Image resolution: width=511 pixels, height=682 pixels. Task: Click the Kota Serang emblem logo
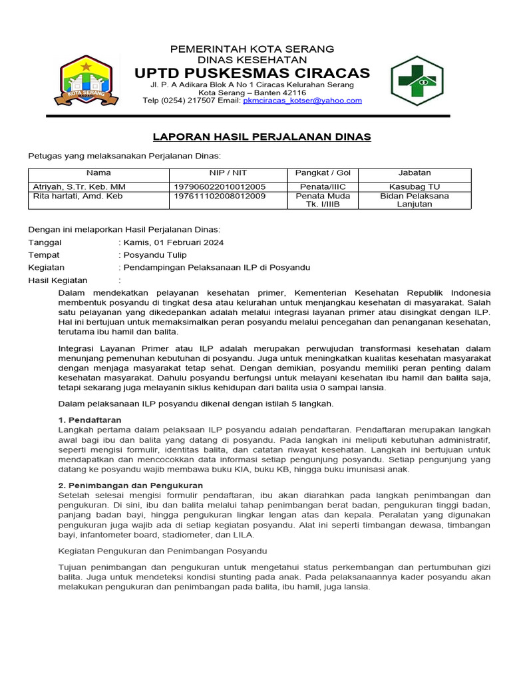(90, 81)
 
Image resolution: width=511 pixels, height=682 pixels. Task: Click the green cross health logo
(421, 81)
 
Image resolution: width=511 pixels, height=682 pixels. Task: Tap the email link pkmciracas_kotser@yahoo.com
(302, 101)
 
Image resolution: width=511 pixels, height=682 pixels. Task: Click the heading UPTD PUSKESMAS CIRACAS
(252, 73)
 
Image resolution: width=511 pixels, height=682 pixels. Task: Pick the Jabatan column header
(415, 173)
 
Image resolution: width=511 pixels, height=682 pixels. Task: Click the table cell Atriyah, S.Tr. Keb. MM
(79, 186)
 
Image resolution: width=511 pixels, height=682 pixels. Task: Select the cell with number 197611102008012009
(219, 196)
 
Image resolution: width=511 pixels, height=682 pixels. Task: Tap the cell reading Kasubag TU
(415, 186)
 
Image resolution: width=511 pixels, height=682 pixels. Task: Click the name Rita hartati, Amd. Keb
(78, 196)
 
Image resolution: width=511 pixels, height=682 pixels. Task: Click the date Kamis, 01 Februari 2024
(174, 242)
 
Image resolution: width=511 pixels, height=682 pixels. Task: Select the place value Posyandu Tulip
(155, 255)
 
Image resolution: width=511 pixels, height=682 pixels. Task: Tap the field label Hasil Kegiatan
(58, 280)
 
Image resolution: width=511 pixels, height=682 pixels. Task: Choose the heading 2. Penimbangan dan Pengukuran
(130, 486)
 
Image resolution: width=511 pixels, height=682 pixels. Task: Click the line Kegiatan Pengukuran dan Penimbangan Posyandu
(162, 551)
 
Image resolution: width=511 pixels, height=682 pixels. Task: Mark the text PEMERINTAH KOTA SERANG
(252, 49)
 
